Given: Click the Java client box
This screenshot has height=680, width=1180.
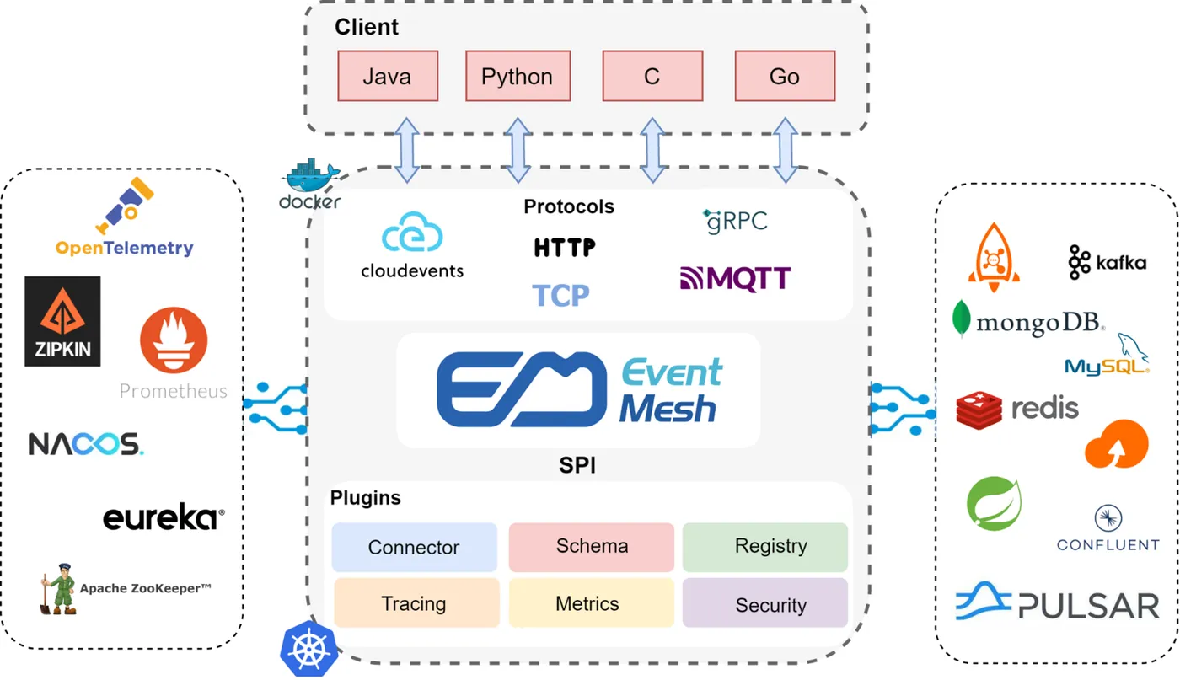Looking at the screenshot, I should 388,76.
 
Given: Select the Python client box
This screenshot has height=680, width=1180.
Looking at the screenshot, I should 518,76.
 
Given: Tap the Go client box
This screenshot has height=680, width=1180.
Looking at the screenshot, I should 785,76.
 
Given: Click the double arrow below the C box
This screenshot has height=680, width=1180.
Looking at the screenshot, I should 652,150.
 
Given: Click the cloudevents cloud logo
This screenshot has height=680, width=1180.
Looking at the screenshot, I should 412,233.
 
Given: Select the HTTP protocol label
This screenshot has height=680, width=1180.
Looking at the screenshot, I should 565,248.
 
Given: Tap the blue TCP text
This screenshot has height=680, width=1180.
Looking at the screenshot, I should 560,295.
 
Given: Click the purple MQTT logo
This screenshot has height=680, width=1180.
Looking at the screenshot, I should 735,278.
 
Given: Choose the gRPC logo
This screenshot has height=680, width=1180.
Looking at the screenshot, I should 735,221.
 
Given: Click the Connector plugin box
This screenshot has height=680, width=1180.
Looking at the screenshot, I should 414,548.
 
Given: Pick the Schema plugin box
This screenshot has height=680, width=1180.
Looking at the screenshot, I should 592,546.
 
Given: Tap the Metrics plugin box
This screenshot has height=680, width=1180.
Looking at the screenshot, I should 587,603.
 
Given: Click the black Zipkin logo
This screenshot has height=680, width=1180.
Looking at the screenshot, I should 62,321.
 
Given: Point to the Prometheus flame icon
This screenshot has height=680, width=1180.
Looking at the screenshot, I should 173,341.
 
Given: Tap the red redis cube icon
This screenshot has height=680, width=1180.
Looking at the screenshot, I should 979,409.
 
